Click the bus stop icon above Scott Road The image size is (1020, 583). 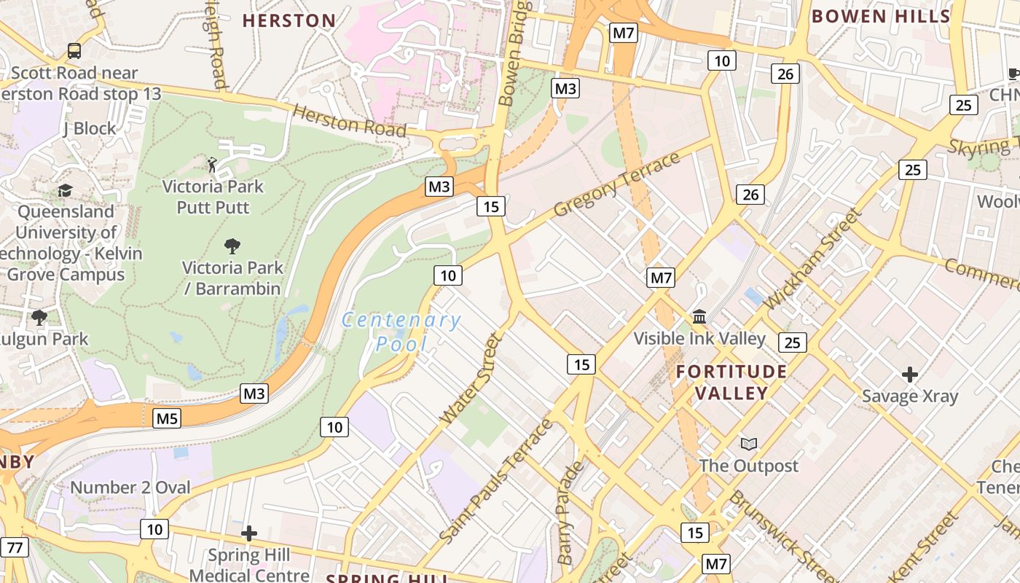click(74, 51)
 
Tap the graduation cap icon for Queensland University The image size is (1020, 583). click(66, 190)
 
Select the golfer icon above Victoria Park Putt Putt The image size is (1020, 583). click(212, 164)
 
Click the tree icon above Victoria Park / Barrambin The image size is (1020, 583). click(232, 246)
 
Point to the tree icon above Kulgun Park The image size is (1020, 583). click(39, 317)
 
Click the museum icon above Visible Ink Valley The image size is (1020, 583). click(699, 317)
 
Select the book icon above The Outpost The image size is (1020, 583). click(748, 444)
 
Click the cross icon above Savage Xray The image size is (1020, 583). click(909, 375)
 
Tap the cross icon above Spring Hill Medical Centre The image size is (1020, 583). click(249, 533)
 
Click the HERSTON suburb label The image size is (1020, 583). click(289, 21)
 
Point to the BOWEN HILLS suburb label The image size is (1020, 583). click(881, 16)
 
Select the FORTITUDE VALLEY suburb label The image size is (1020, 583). click(731, 383)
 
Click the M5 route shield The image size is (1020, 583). click(167, 418)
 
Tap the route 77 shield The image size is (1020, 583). click(14, 547)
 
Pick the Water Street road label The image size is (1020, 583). click(472, 379)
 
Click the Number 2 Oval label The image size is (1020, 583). click(130, 488)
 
